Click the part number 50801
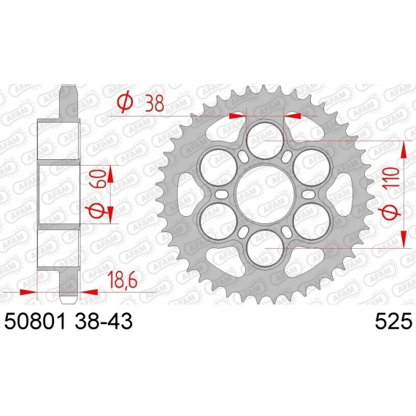coord(35,321)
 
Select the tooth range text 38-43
coord(104,321)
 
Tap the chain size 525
coord(393,321)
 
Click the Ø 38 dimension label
coord(141,102)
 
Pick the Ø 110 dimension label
coord(390,193)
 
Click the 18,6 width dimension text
coord(122,281)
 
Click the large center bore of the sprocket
coord(265,194)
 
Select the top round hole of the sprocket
coord(265,141)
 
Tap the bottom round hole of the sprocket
coord(265,248)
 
